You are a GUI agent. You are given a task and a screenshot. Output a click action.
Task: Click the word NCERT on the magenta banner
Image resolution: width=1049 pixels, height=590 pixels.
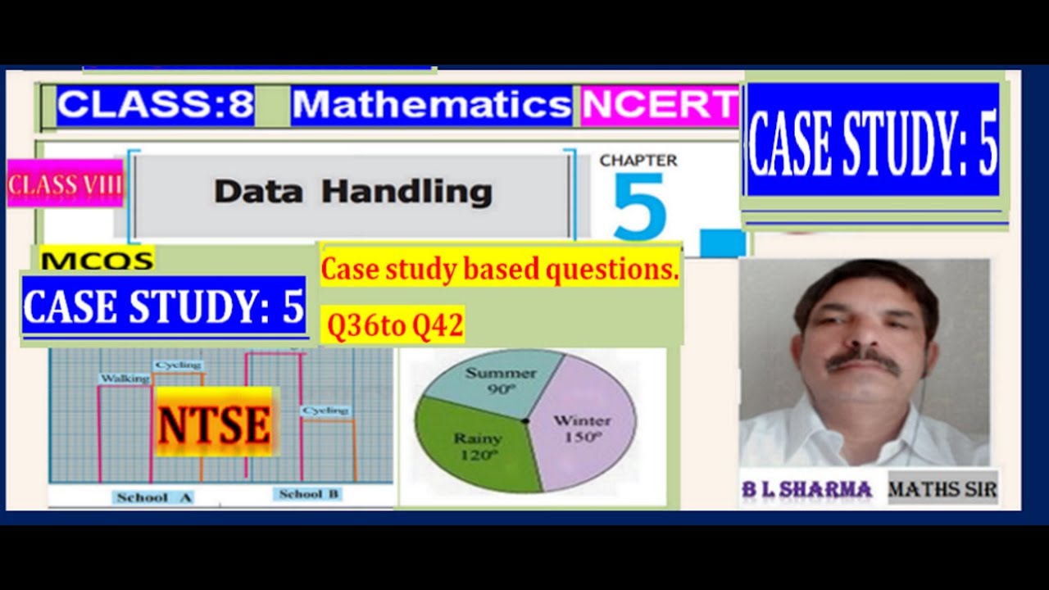(x=660, y=106)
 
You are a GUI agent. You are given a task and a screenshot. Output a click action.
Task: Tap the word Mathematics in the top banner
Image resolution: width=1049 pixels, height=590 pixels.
(x=432, y=106)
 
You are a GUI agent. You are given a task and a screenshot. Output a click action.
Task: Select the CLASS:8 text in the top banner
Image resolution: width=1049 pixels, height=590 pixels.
(x=156, y=106)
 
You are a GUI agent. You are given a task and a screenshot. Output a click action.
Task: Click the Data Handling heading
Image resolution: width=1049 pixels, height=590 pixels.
(x=352, y=193)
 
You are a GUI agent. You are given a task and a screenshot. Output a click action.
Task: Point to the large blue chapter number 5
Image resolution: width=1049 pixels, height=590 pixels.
(x=639, y=209)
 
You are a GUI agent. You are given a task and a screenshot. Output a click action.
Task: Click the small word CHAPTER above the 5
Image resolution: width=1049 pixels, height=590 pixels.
(x=638, y=161)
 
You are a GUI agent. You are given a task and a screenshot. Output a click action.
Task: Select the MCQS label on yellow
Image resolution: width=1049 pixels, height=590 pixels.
(x=97, y=261)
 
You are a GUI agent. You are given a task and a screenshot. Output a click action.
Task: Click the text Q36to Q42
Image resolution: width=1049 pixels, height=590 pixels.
(x=395, y=327)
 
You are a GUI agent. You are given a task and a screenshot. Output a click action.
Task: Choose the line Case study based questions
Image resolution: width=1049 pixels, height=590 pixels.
(x=499, y=270)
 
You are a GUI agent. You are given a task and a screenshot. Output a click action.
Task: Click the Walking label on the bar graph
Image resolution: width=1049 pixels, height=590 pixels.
(x=124, y=379)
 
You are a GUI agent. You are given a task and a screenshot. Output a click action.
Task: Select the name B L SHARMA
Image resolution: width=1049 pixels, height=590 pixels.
(x=806, y=489)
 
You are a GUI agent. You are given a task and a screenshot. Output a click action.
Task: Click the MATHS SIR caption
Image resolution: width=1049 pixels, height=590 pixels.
(x=942, y=490)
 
